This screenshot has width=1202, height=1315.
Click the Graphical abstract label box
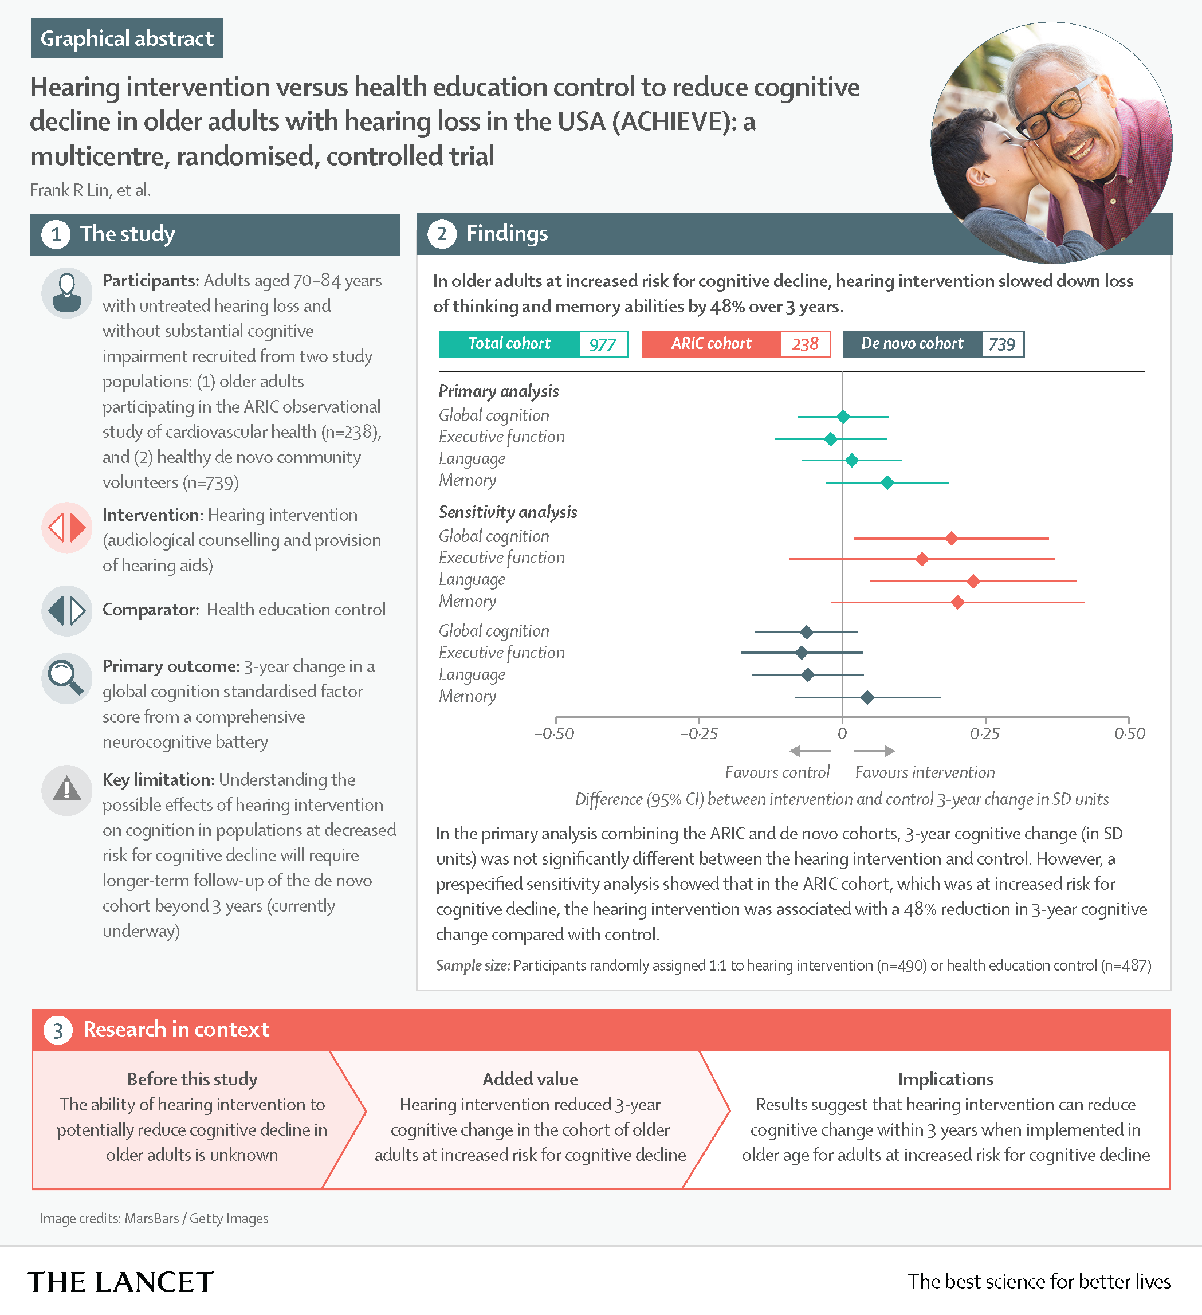point(127,38)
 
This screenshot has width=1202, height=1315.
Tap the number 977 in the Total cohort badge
point(602,344)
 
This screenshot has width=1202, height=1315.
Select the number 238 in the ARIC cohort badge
point(805,344)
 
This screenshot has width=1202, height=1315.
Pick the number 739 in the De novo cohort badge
point(1002,344)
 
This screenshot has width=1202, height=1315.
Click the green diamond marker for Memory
point(887,482)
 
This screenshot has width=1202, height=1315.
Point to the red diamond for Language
point(973,580)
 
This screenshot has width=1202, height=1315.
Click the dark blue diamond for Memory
point(867,698)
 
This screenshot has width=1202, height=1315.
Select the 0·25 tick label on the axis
point(985,734)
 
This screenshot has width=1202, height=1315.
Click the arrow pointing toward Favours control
point(810,751)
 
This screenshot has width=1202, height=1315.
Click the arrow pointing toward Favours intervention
point(875,751)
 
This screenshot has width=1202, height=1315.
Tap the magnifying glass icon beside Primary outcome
point(66,678)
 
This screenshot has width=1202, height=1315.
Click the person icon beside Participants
point(66,293)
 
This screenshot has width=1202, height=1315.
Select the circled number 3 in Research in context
point(58,1031)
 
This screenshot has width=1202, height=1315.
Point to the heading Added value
point(529,1080)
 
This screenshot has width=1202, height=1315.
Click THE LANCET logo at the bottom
point(121,1282)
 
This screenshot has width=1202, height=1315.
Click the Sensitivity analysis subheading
point(508,512)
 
